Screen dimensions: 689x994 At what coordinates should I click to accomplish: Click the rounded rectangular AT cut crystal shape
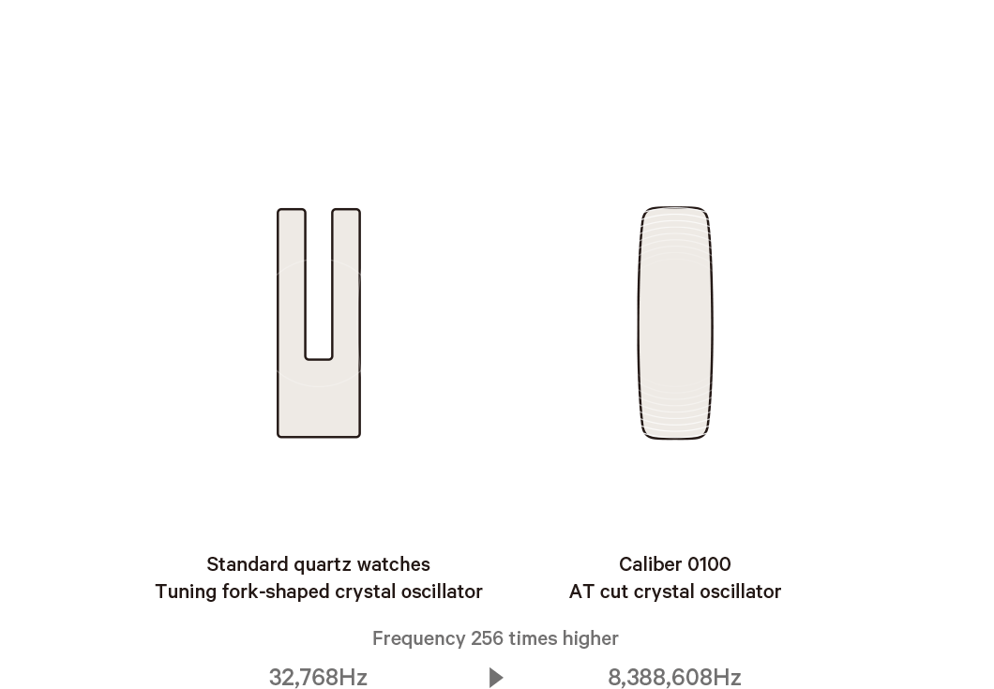[674, 323]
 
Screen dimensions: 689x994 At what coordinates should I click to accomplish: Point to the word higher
[593, 639]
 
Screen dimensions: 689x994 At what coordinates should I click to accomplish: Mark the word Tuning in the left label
[180, 592]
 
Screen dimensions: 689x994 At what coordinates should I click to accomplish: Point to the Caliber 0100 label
[675, 565]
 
